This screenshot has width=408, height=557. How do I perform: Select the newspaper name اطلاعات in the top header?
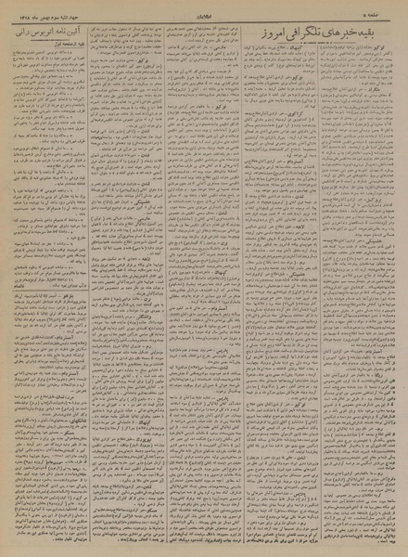(205, 8)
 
